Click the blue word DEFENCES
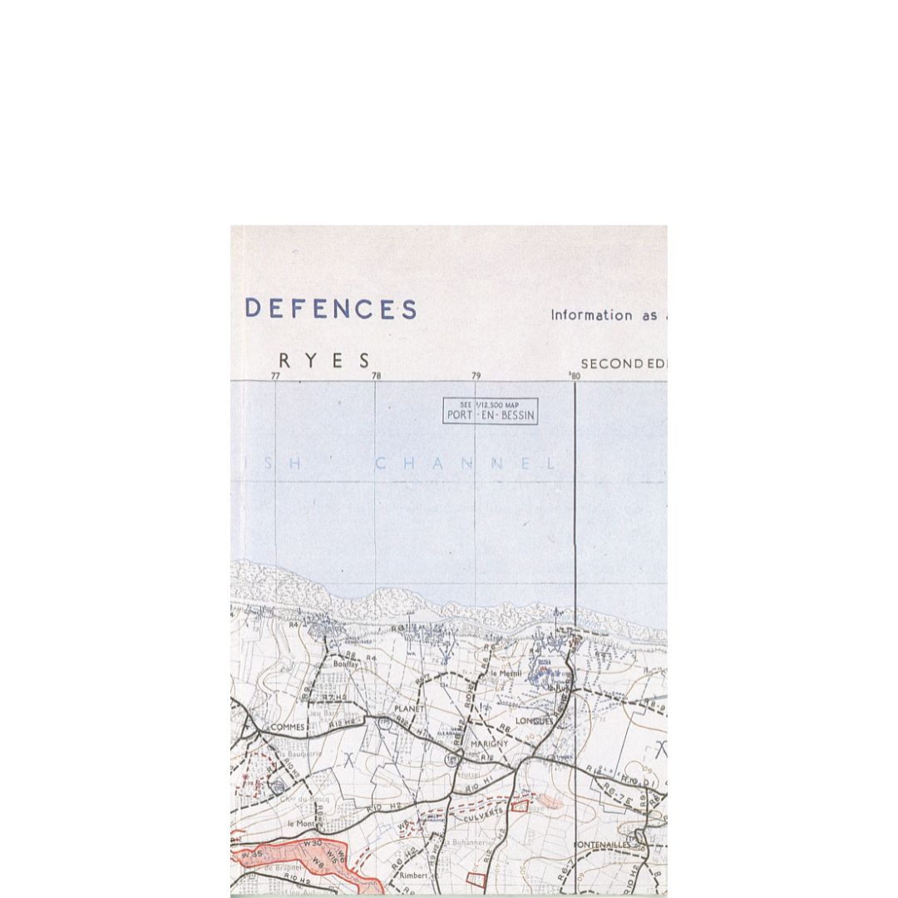(331, 309)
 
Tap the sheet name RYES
(324, 361)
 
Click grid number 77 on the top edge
(275, 376)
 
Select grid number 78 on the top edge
(376, 376)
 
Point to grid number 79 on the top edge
(476, 376)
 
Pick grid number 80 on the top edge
(575, 376)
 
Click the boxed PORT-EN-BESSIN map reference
(491, 412)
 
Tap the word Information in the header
(591, 315)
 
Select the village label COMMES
(289, 727)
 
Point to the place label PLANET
(409, 708)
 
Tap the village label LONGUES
(533, 721)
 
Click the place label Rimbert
(413, 876)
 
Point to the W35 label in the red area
(251, 854)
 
